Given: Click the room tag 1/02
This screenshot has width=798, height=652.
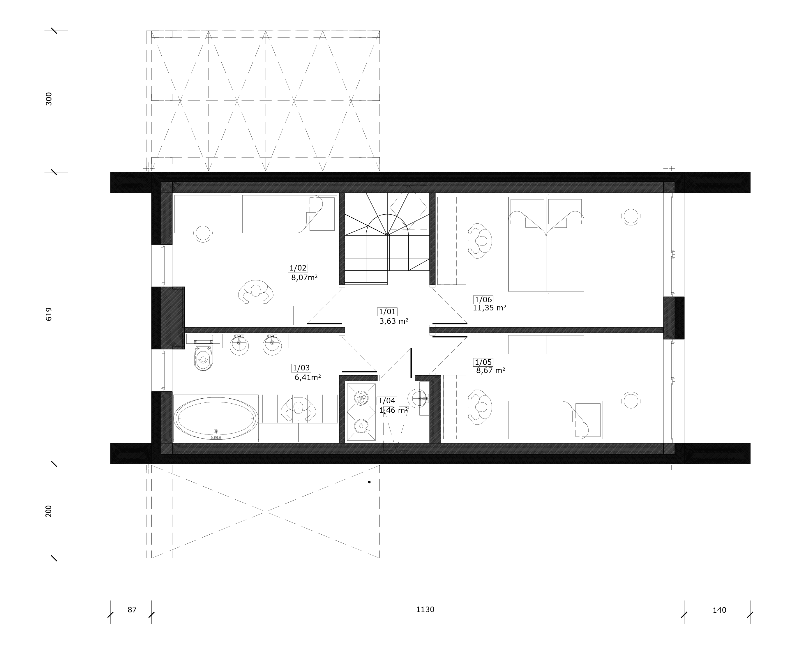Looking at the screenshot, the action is (x=298, y=268).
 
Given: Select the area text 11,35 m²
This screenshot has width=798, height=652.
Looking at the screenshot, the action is (x=489, y=308).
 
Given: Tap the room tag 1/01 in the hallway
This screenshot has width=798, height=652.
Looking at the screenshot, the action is (x=387, y=311).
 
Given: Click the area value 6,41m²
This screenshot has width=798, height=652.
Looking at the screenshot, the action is (x=308, y=377).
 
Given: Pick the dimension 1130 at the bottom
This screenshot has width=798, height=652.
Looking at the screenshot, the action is (x=425, y=609).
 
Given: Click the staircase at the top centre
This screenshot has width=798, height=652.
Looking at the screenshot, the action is (x=387, y=239).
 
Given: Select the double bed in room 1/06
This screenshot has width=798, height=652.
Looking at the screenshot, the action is (x=546, y=244).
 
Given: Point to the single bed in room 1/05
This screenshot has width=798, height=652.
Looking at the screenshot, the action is (x=555, y=420).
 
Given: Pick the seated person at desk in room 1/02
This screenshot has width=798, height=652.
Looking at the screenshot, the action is (x=256, y=291).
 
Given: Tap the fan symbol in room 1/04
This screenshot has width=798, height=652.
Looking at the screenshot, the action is (x=361, y=398).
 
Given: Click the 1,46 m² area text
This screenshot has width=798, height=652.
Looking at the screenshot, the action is (x=393, y=411).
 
